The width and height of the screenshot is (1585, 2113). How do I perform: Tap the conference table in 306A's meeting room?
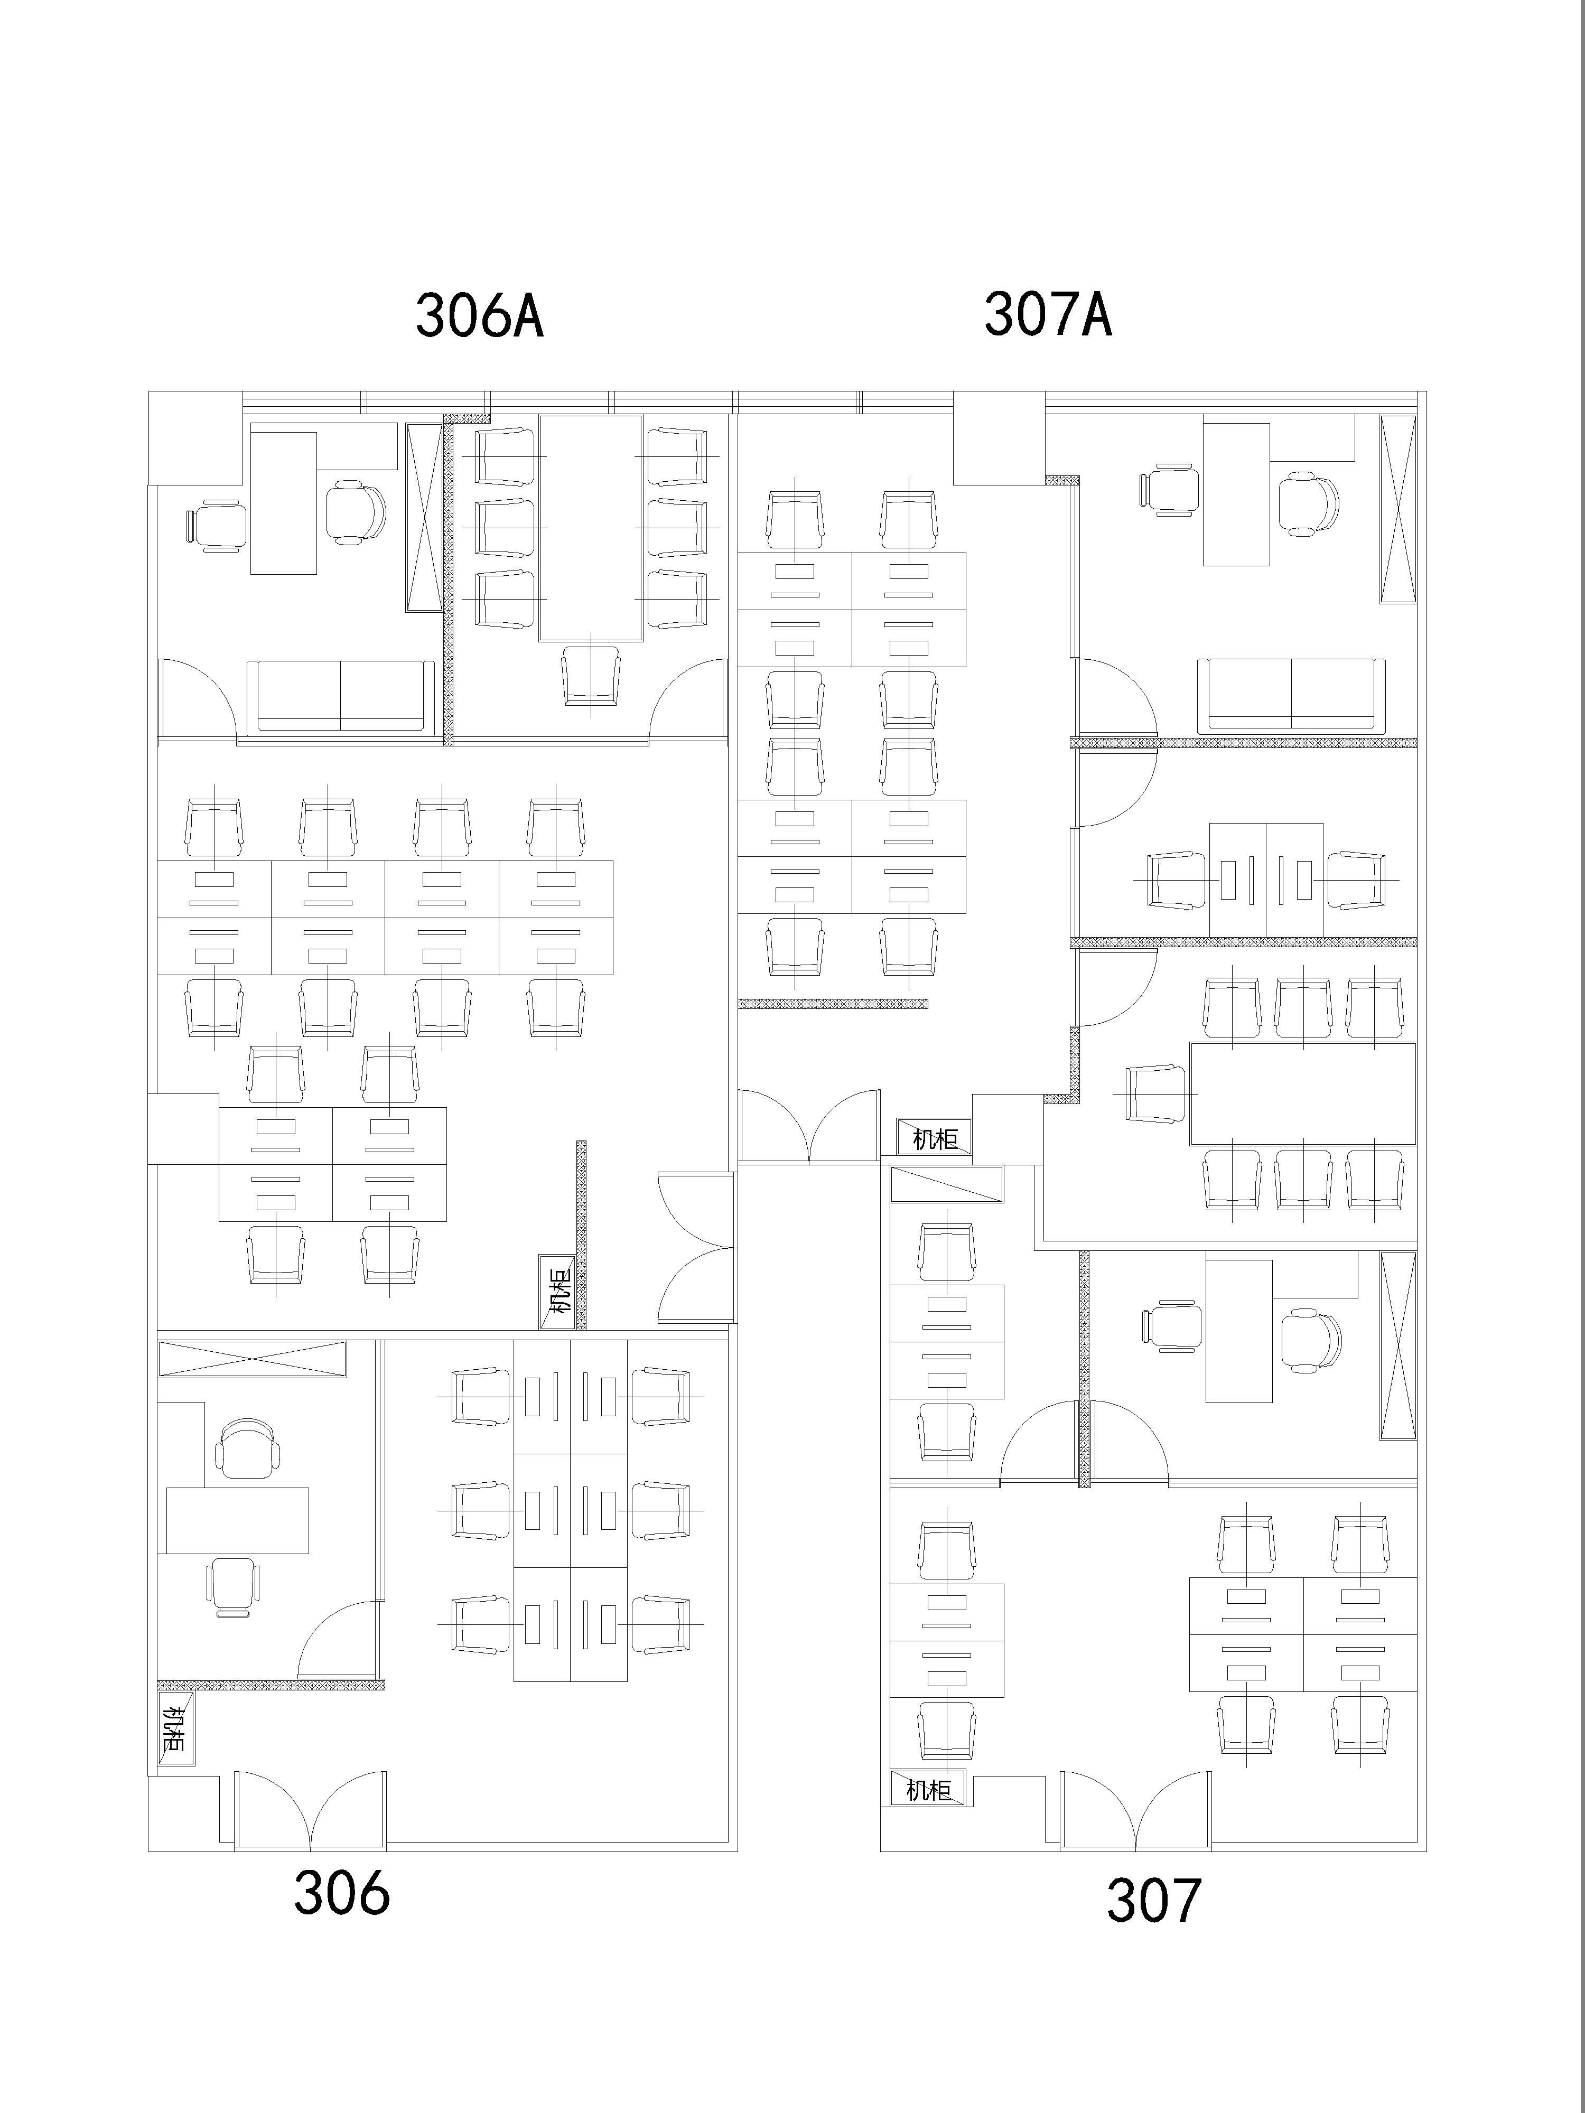click(591, 527)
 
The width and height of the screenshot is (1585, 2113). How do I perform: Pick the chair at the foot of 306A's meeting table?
click(591, 676)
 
